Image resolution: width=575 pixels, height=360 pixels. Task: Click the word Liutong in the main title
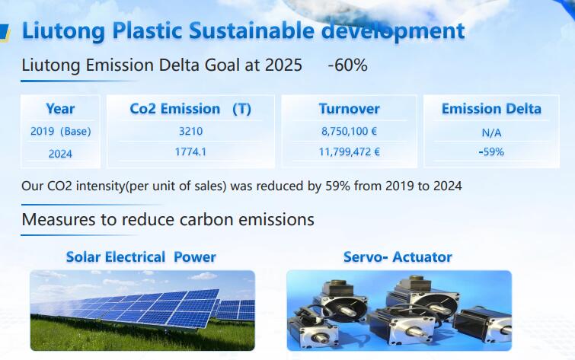pos(63,31)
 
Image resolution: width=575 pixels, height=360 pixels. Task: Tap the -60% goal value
pos(347,65)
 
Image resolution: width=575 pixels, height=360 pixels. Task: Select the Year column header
pos(60,109)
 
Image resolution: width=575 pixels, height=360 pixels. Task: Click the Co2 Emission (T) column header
pos(190,109)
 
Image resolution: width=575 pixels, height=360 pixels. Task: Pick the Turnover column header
pos(349,109)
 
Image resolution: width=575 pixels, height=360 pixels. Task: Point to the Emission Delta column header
pos(491,109)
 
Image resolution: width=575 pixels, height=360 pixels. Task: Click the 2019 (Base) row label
pos(60,131)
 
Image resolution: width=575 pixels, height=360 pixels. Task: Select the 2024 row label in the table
pos(60,154)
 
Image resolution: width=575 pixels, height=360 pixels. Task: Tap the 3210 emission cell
pos(190,131)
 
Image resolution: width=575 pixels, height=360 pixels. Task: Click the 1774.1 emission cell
pos(190,151)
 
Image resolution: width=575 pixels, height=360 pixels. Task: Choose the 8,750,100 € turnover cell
pos(349,131)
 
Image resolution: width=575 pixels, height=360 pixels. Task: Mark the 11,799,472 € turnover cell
pos(349,151)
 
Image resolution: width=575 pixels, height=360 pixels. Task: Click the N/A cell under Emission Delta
pos(491,132)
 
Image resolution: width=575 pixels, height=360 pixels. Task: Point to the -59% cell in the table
pos(491,151)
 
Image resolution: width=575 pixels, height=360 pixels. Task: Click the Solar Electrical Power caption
pos(141,257)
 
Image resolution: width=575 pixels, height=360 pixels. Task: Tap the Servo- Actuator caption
pos(398,257)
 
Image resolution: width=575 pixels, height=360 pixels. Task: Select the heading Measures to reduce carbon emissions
pos(168,220)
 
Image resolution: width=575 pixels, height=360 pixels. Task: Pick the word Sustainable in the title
pos(251,30)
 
